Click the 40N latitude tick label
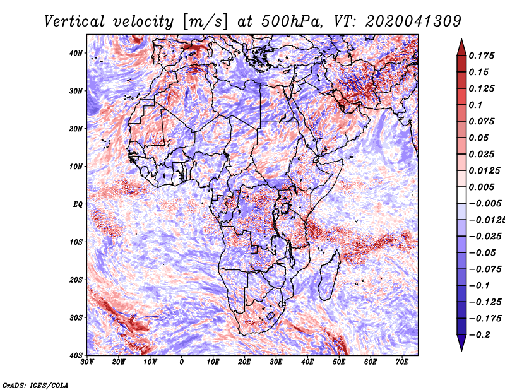76,53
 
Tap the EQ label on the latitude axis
78,204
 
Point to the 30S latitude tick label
76,317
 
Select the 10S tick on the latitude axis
76,242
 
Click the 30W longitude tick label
87,362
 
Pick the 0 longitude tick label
182,362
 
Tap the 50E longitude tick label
339,362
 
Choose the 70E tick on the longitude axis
402,362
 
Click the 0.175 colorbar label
481,56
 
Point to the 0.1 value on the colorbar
476,105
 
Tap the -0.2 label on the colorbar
479,335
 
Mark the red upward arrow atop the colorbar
461,47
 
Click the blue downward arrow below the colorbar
461,343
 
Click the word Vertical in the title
74,21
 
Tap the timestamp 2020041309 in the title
413,21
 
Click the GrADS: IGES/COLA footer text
35,385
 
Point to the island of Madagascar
329,276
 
